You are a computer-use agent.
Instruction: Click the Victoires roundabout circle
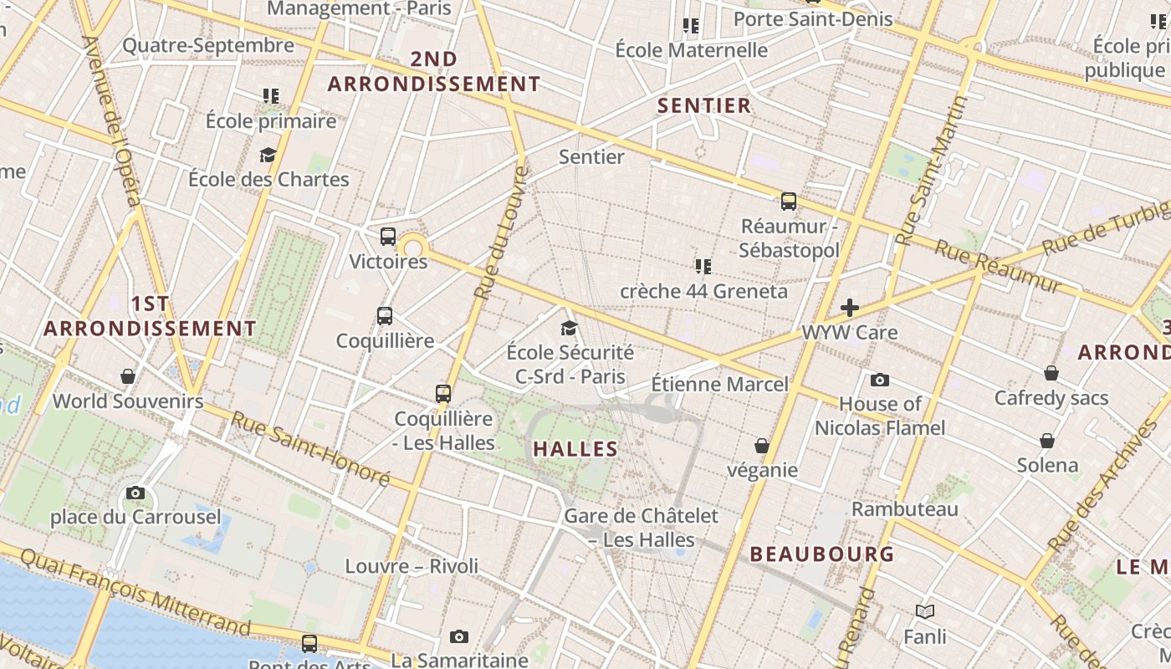pyautogui.click(x=413, y=248)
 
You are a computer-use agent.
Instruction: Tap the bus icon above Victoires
pyautogui.click(x=388, y=237)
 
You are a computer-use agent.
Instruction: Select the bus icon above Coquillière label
pyautogui.click(x=385, y=316)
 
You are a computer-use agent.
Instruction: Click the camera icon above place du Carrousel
pyautogui.click(x=135, y=493)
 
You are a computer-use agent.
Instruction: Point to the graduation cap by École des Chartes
pyautogui.click(x=268, y=155)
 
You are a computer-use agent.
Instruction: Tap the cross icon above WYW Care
pyautogui.click(x=850, y=308)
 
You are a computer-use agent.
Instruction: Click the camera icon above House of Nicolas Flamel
pyautogui.click(x=880, y=380)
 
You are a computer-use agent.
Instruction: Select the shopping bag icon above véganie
pyautogui.click(x=762, y=446)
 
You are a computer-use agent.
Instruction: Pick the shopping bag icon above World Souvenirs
pyautogui.click(x=128, y=376)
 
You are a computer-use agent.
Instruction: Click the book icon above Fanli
pyautogui.click(x=925, y=612)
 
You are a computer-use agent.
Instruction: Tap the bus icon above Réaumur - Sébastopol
pyautogui.click(x=789, y=202)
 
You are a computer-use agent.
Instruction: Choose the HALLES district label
pyautogui.click(x=575, y=449)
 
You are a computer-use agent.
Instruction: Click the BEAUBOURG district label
pyautogui.click(x=821, y=554)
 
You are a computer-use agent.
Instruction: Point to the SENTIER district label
pyautogui.click(x=704, y=106)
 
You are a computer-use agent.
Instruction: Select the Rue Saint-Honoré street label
pyautogui.click(x=310, y=449)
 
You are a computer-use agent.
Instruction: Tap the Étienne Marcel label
pyautogui.click(x=719, y=385)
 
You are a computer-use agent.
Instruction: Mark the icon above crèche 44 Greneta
pyautogui.click(x=703, y=267)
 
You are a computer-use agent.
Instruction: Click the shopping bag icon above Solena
pyautogui.click(x=1047, y=441)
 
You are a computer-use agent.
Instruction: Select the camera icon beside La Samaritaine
pyautogui.click(x=459, y=637)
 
